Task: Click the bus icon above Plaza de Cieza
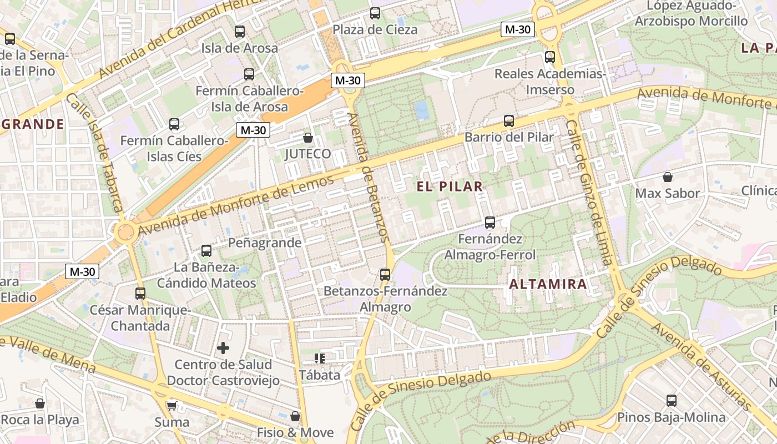pyautogui.click(x=375, y=13)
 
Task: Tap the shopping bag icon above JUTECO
pyautogui.click(x=307, y=137)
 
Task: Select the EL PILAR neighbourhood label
pyautogui.click(x=450, y=186)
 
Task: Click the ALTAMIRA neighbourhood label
pyautogui.click(x=548, y=285)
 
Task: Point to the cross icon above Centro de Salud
pyautogui.click(x=223, y=348)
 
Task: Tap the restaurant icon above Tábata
pyautogui.click(x=319, y=359)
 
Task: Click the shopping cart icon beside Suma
pyautogui.click(x=171, y=406)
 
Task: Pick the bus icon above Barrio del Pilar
pyautogui.click(x=508, y=120)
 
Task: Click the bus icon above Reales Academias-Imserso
pyautogui.click(x=549, y=57)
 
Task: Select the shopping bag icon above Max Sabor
pyautogui.click(x=667, y=177)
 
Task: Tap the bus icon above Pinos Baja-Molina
pyautogui.click(x=671, y=400)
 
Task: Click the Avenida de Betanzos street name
pyautogui.click(x=366, y=176)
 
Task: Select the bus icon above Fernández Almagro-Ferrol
pyautogui.click(x=490, y=223)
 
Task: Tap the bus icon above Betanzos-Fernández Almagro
pyautogui.click(x=385, y=274)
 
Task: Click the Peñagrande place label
pyautogui.click(x=265, y=243)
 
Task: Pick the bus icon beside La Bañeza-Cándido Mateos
pyautogui.click(x=206, y=251)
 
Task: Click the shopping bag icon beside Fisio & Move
pyautogui.click(x=295, y=416)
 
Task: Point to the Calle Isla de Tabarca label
pyautogui.click(x=95, y=153)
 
